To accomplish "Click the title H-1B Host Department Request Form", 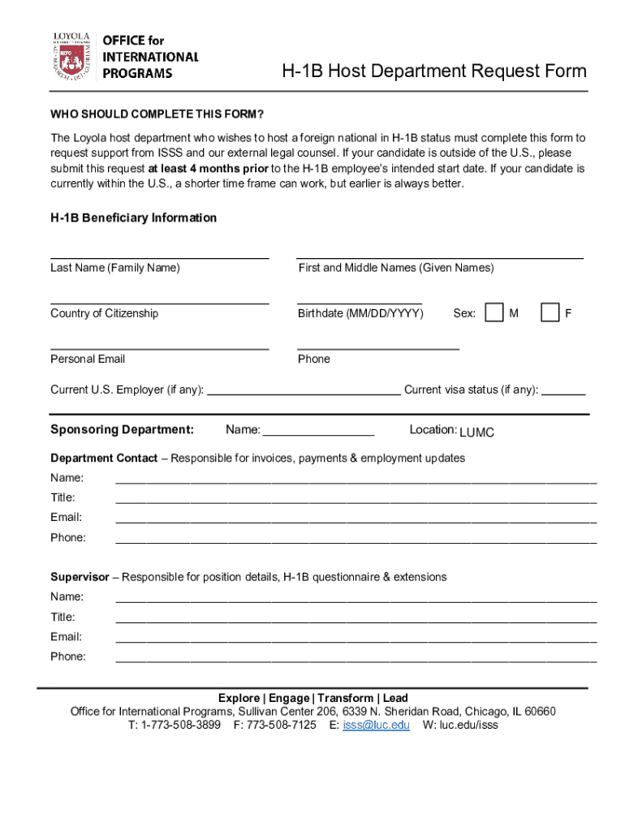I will tap(433, 71).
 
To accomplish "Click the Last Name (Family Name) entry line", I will tap(159, 256).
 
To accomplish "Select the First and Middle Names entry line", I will tap(439, 256).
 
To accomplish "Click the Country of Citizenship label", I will tap(105, 313).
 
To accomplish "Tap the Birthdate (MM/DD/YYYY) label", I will tap(360, 313).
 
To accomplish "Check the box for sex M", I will tap(494, 312).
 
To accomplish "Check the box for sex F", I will tap(550, 312).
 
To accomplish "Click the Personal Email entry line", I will tap(159, 347).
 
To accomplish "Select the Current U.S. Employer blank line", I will tap(304, 393).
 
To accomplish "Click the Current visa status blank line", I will tap(563, 393).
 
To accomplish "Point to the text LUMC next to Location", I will tap(476, 433).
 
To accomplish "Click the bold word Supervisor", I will tap(80, 577).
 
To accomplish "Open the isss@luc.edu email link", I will tap(376, 725).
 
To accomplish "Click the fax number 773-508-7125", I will tap(282, 725).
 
